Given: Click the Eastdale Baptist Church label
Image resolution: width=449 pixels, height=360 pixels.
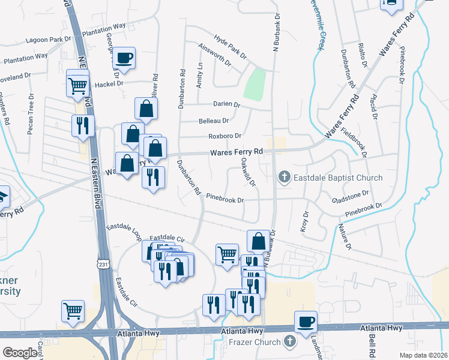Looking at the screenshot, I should tap(337, 178).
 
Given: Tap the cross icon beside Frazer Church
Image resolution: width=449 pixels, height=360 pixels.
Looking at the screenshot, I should tap(289, 342).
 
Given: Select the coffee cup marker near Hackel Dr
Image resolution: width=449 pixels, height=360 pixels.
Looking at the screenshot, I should tap(124, 58).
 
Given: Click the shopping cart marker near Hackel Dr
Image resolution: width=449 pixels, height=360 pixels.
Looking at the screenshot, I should tap(78, 86).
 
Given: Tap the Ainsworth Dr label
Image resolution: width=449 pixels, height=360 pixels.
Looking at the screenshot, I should tap(214, 58).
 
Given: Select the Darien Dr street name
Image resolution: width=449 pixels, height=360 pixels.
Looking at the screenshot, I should tap(227, 104).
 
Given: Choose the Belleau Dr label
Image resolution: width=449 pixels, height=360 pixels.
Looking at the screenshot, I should tap(213, 121).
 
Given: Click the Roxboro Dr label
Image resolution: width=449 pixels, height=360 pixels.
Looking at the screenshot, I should tap(224, 136).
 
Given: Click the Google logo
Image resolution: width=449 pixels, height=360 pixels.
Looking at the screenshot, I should tap(20, 353).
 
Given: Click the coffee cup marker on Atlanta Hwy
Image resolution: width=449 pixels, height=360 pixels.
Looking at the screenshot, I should tap(306, 322).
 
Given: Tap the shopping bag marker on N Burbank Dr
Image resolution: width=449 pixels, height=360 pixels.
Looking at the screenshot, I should tap(258, 241).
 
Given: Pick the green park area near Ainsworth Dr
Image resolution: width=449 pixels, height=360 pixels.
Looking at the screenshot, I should tap(256, 83).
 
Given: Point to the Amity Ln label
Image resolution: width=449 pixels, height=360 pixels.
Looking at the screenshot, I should tap(200, 76).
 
